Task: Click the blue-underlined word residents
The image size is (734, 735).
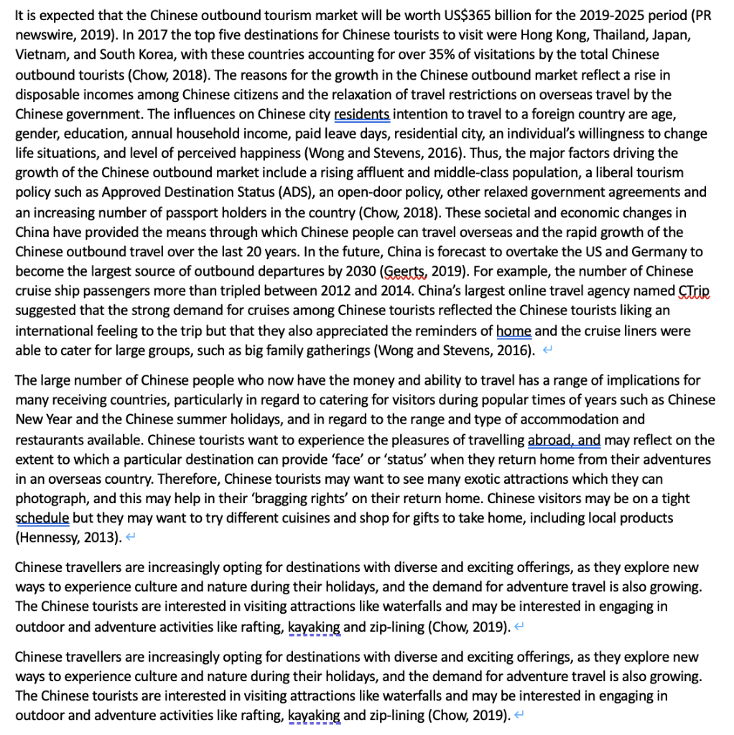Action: (x=362, y=113)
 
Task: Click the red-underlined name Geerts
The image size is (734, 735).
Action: (x=408, y=272)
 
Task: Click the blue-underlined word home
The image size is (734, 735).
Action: (x=514, y=332)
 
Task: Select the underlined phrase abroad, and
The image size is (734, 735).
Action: (x=564, y=440)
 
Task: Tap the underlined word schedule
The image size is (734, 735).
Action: (x=42, y=518)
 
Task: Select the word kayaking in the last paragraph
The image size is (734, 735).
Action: (x=314, y=716)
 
